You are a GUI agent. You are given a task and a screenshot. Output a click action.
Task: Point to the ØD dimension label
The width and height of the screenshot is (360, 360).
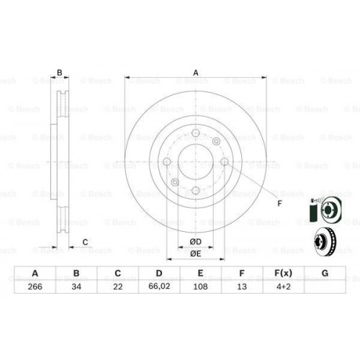pyautogui.click(x=195, y=240)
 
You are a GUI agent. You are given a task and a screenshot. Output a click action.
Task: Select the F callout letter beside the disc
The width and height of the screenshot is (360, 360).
pyautogui.click(x=279, y=204)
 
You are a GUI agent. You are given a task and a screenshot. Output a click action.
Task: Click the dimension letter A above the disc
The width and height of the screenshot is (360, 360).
pyautogui.click(x=195, y=71)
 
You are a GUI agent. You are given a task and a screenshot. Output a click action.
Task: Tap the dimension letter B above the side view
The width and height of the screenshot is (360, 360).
pyautogui.click(x=60, y=72)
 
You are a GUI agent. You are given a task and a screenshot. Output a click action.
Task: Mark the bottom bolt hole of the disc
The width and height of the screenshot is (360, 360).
pyautogui.click(x=195, y=190)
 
